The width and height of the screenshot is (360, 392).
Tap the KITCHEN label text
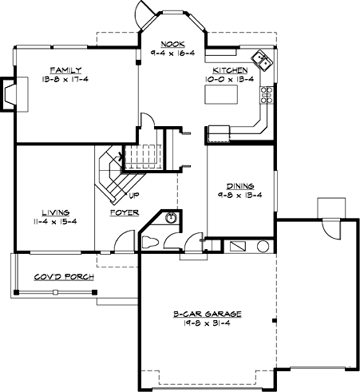224,70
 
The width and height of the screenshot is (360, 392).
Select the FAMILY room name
61,69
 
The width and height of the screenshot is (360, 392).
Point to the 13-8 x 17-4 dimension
61,79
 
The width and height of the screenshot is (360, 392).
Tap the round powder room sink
172,218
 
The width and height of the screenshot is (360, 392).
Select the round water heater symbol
262,247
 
